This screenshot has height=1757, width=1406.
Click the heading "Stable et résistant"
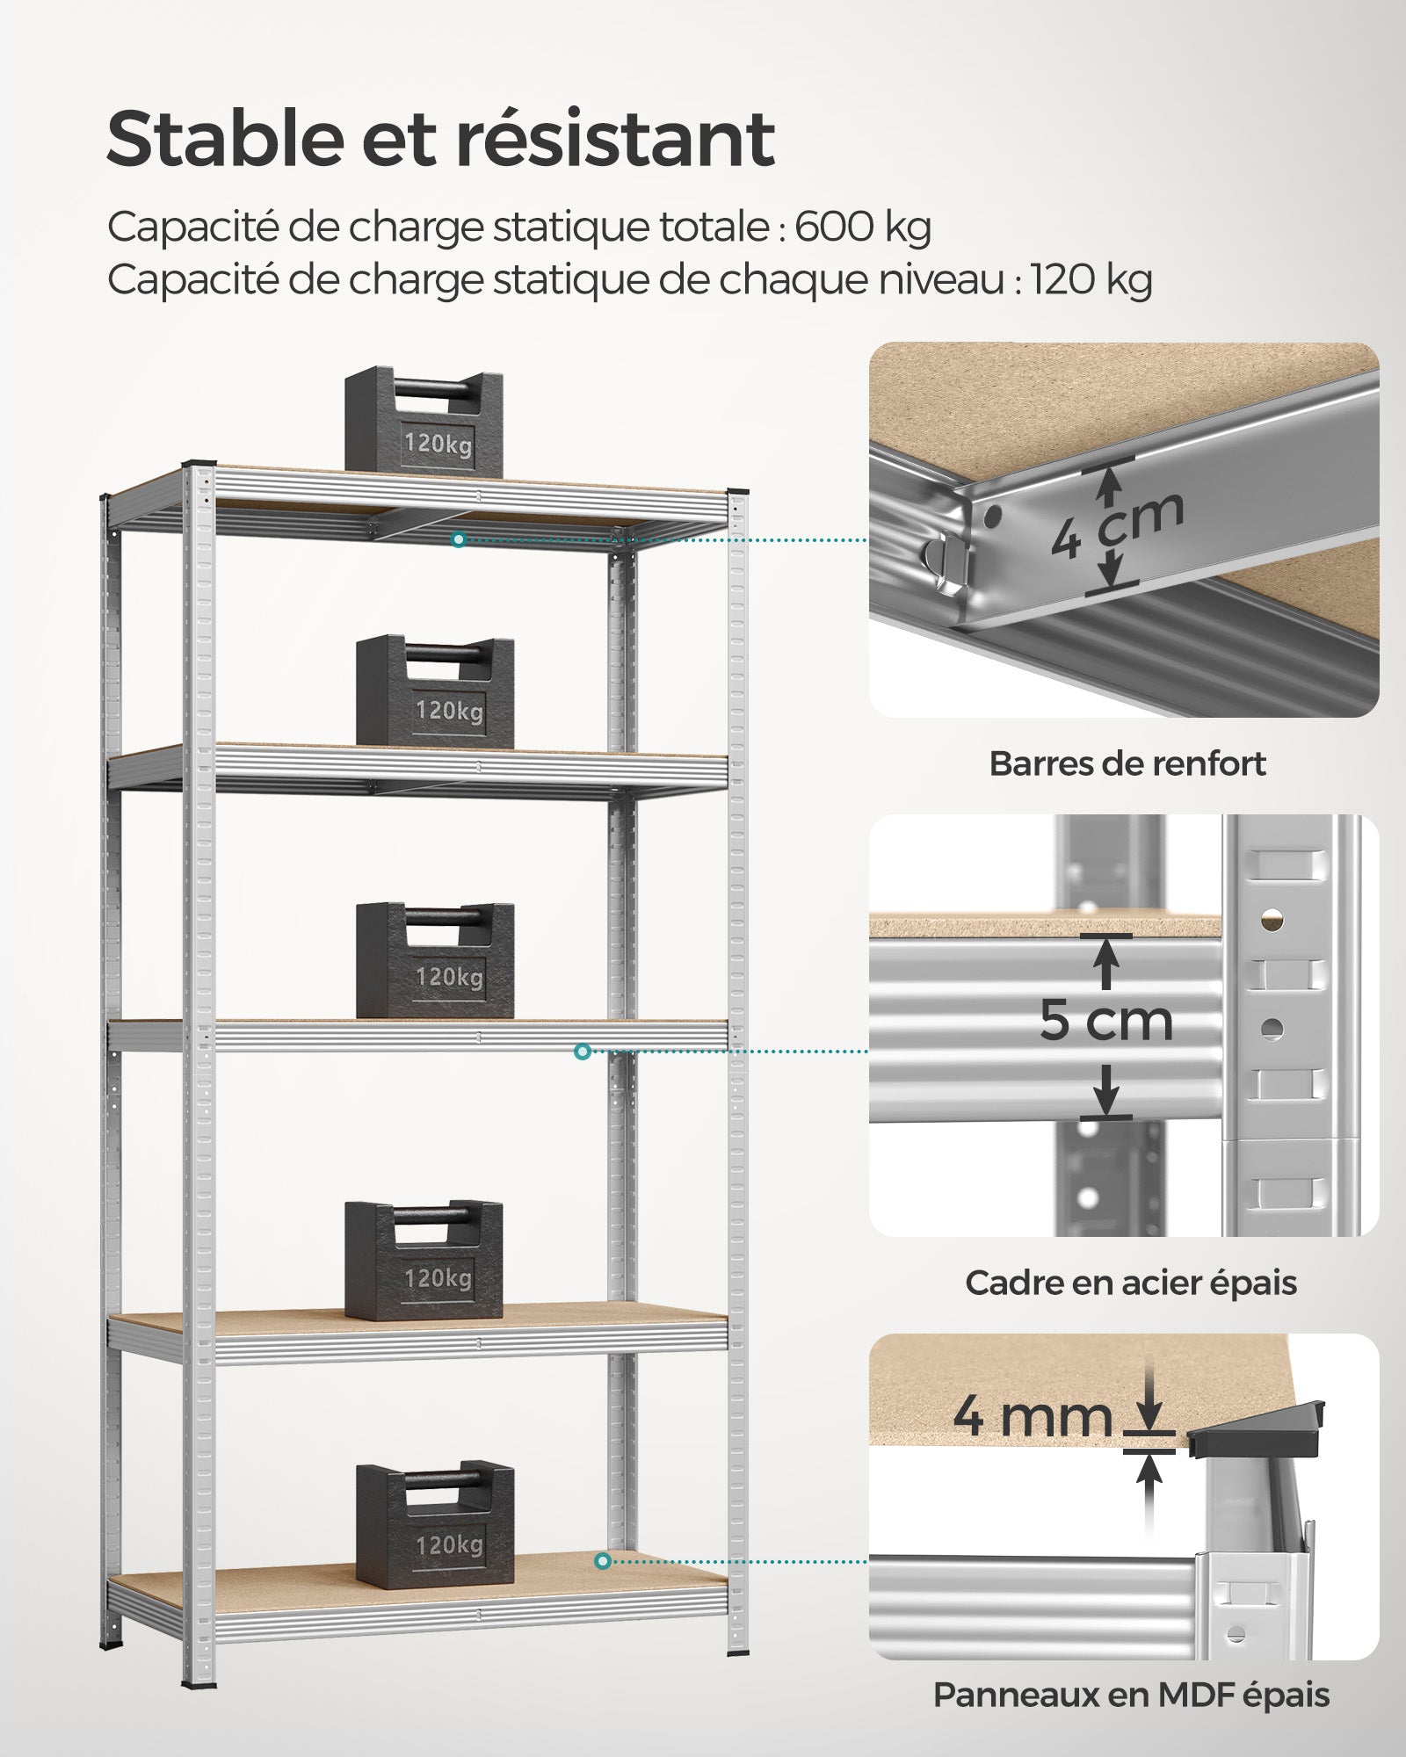click(x=440, y=139)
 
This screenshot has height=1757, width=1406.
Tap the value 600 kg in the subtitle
click(x=862, y=227)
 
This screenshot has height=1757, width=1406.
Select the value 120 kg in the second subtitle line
click(x=1091, y=280)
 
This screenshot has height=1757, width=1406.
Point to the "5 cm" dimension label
click(x=1106, y=1021)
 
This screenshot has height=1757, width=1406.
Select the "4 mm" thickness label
click(x=1033, y=1416)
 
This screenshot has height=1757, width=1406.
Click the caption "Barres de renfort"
click(x=1127, y=763)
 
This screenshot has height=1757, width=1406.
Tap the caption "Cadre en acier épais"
click(x=1130, y=1283)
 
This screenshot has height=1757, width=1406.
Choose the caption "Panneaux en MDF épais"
click(x=1131, y=1696)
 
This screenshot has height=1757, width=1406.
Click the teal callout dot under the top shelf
click(x=458, y=539)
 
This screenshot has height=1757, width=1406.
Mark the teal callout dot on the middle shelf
click(x=582, y=1052)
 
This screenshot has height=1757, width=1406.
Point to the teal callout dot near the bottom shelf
click(x=602, y=1561)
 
